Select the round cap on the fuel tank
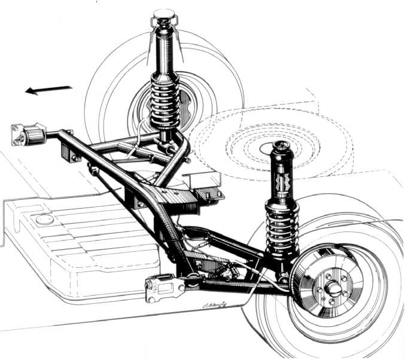pos(44,219)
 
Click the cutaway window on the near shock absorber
pos(282,180)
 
